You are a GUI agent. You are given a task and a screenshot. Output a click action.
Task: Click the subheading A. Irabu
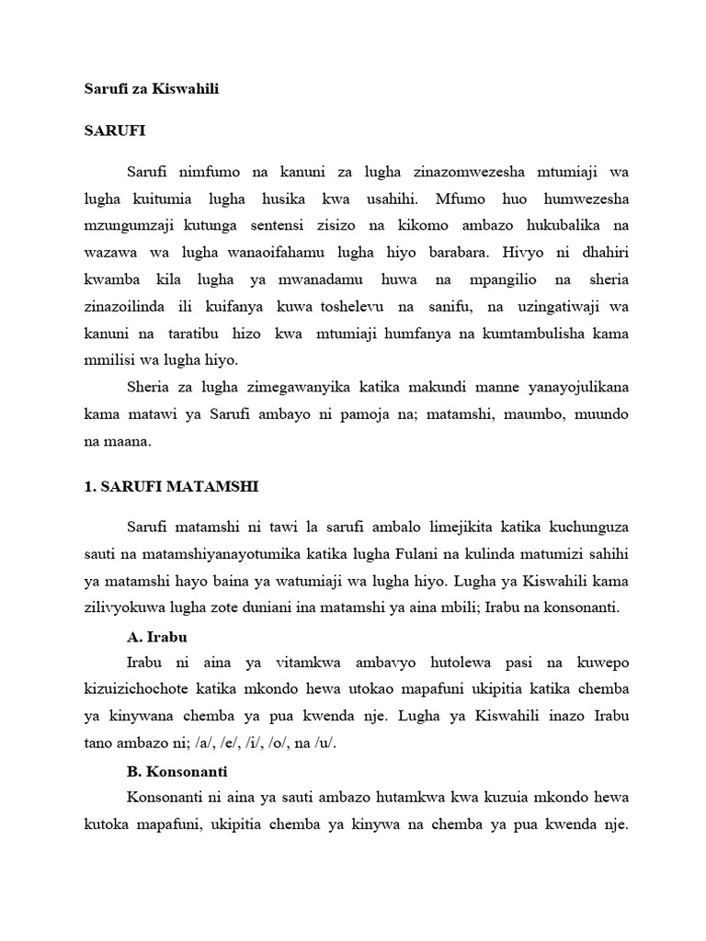(x=160, y=636)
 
